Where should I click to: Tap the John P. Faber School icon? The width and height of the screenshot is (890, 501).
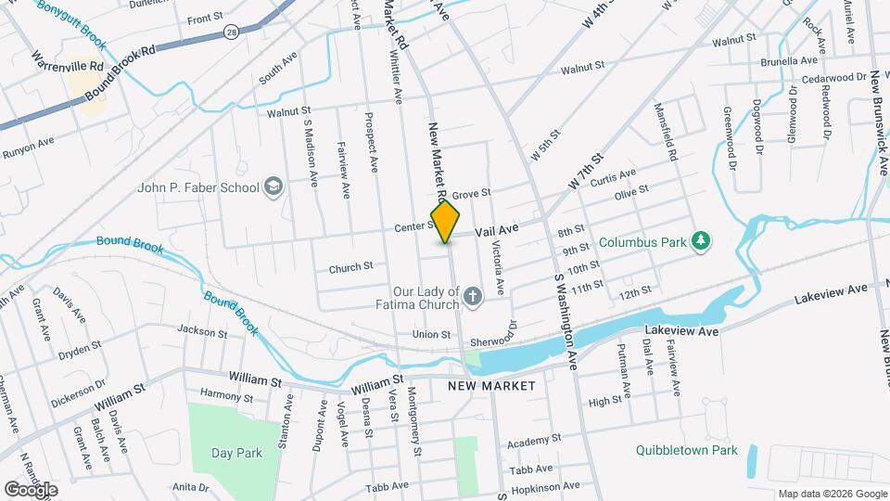(x=273, y=187)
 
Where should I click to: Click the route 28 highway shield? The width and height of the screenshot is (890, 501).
(x=230, y=32)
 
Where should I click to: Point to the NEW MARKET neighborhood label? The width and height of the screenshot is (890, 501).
(x=491, y=385)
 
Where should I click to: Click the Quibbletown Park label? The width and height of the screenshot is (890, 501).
(x=686, y=450)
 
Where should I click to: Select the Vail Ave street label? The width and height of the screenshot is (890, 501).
(x=496, y=228)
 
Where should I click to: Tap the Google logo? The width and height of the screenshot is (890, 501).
(x=31, y=489)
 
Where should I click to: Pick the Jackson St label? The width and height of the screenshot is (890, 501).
(x=202, y=331)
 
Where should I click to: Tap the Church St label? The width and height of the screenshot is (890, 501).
(x=350, y=267)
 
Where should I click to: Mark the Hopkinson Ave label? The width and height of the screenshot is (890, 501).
(x=549, y=486)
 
